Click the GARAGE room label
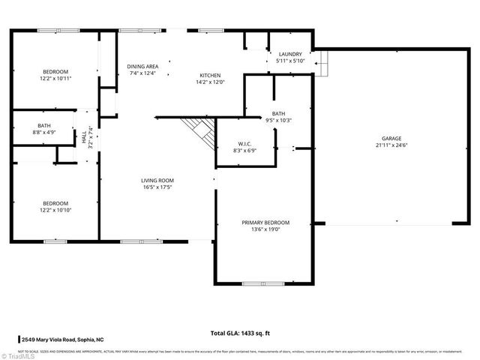pos(391,139)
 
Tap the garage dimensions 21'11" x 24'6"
pos(391,146)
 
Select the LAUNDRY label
pos(290,54)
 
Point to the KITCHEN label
pos(209,74)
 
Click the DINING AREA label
pos(142,66)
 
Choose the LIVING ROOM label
pos(157,180)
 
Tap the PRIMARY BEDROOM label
pos(265,223)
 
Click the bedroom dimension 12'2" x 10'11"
pos(55,78)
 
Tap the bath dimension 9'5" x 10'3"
pos(278,120)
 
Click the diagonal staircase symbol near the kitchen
pos(200,130)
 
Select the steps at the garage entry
pos(322,64)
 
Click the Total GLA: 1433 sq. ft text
pos(239,332)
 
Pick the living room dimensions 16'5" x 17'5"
pos(157,187)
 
